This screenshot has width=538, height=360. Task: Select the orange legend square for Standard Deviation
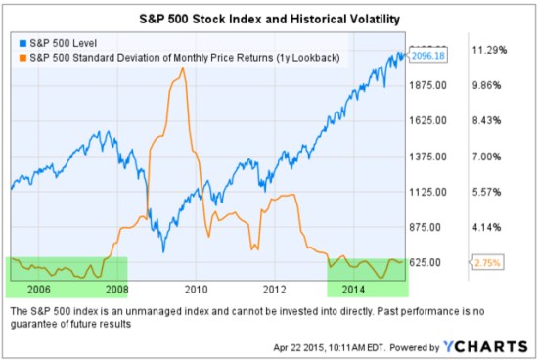(x=17, y=58)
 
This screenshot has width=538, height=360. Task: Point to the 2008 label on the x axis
(x=116, y=290)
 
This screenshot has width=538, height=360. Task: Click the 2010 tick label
(x=197, y=290)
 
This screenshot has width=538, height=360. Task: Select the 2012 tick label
(x=274, y=290)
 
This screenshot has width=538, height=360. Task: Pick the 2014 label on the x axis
(x=353, y=290)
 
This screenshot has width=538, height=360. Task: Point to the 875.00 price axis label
(x=430, y=227)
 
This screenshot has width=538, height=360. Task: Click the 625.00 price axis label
(x=430, y=262)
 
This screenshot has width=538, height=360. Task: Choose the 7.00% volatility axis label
(x=486, y=157)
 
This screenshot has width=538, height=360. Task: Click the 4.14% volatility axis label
(x=486, y=227)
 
